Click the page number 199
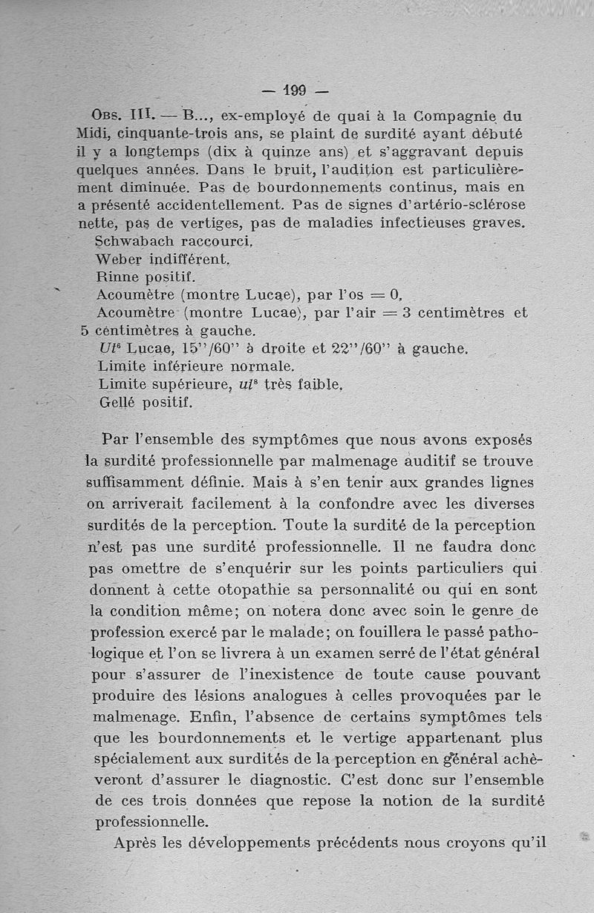[x=295, y=92]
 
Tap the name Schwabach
[x=134, y=241]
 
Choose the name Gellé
[x=118, y=402]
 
